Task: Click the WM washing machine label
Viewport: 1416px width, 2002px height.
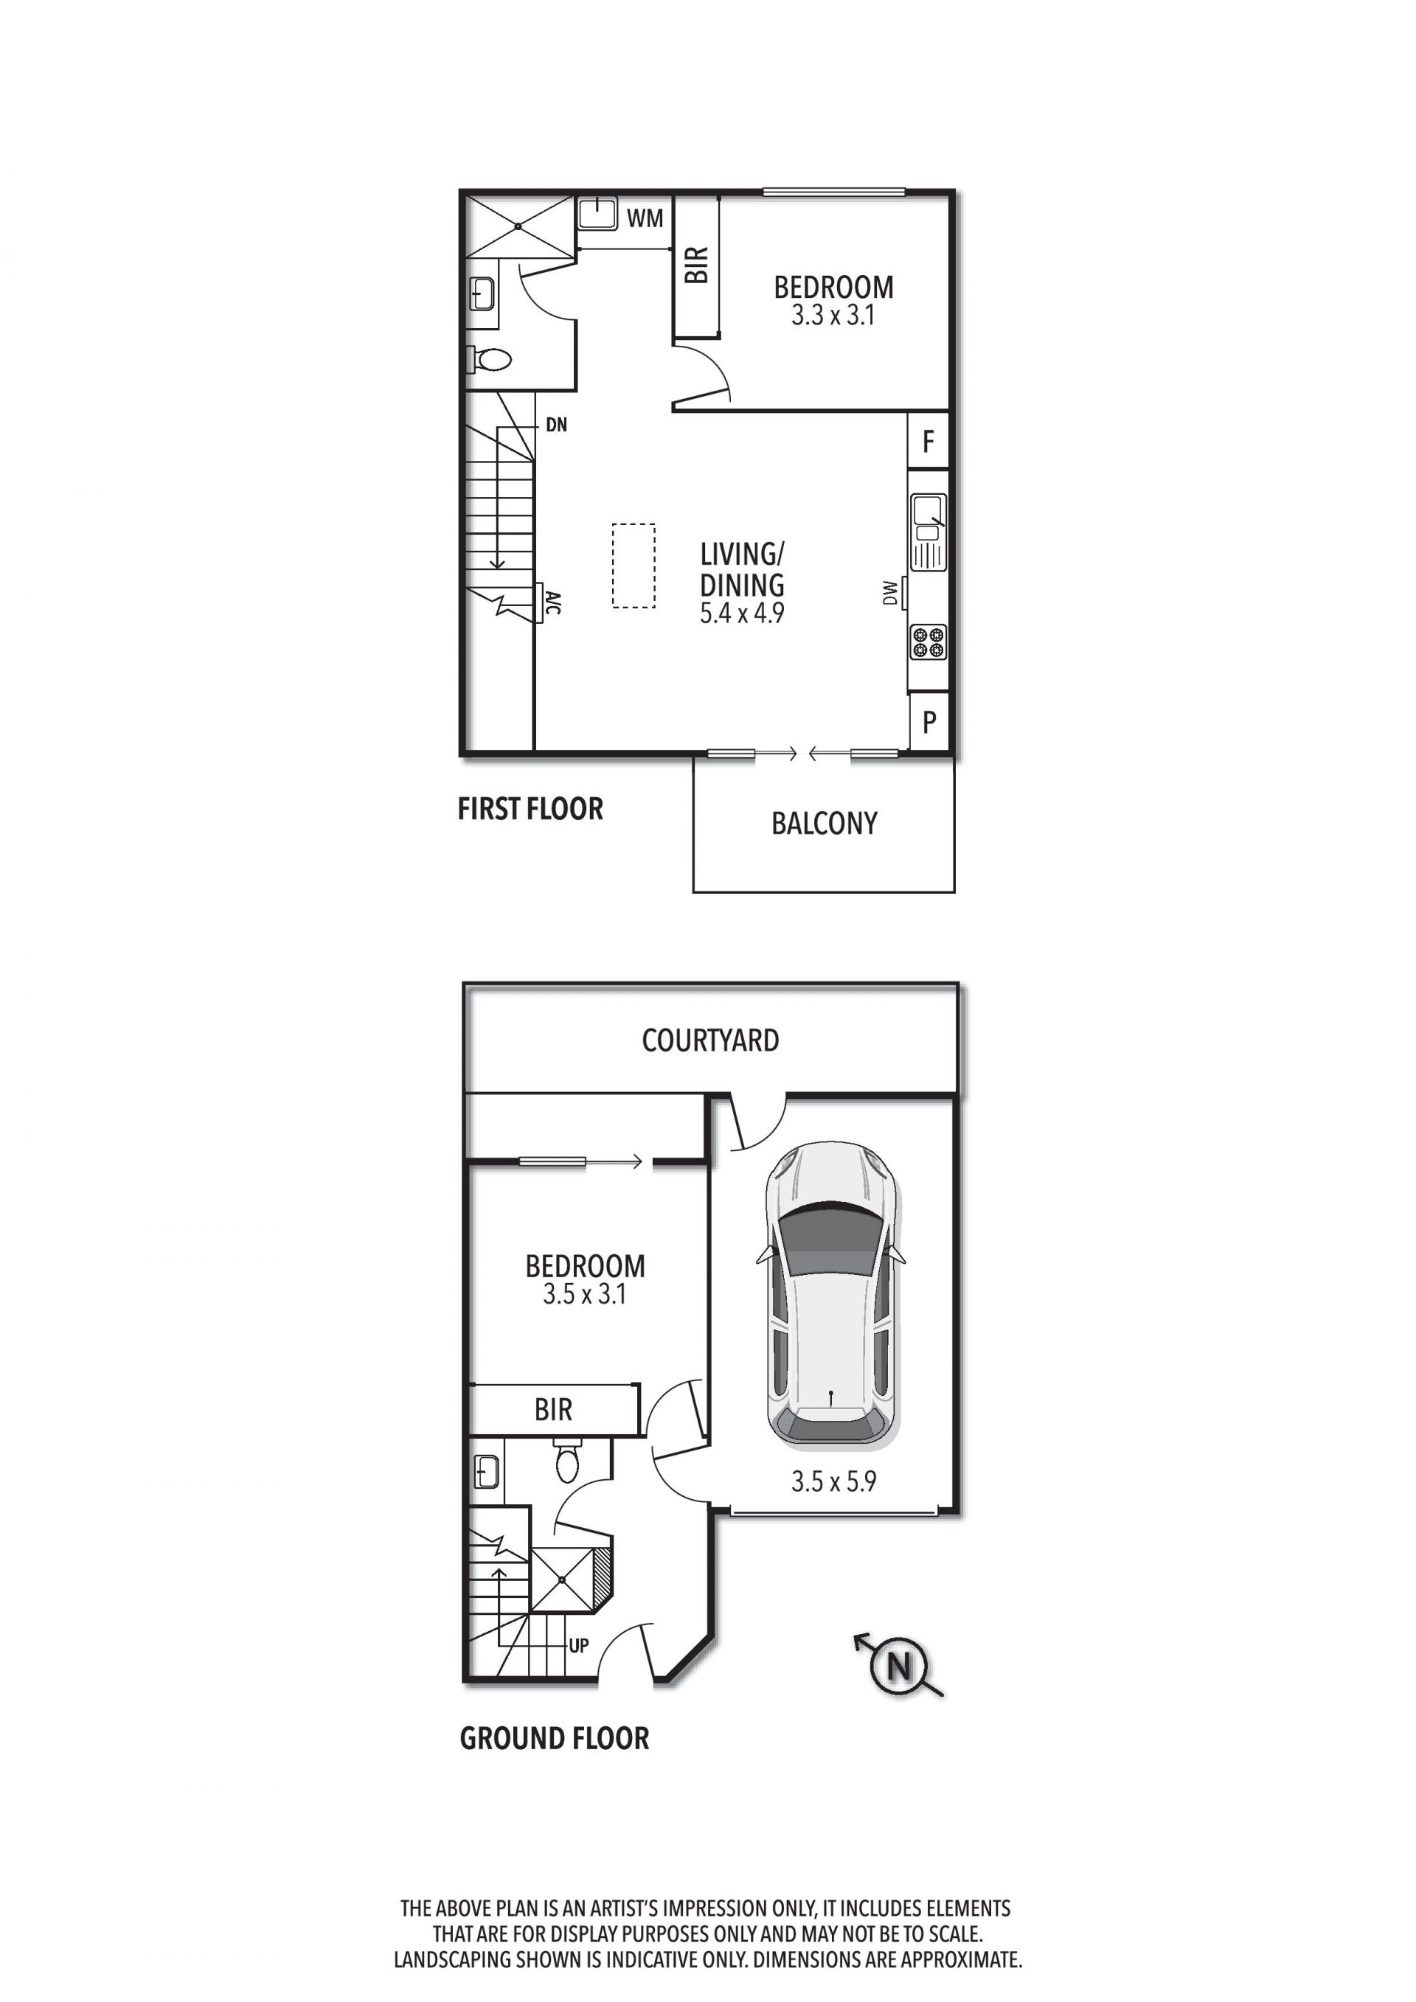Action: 645,218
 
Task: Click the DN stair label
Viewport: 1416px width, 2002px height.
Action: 556,425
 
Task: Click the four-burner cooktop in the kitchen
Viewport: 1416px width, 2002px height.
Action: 928,642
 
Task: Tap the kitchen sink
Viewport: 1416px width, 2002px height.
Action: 929,531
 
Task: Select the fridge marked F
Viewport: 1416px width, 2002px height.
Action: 929,441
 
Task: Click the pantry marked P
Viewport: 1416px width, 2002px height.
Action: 929,721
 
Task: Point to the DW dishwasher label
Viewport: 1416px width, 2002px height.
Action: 889,593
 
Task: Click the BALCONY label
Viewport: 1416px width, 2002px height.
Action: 824,823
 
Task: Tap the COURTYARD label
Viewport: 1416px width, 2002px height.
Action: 711,1040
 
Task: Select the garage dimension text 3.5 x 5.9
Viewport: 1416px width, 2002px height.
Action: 833,1481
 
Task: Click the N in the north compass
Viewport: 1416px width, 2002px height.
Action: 899,1667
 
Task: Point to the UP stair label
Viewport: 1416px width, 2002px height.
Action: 579,1645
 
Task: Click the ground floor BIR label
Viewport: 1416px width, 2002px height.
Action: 554,1409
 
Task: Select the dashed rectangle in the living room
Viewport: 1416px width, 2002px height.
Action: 634,565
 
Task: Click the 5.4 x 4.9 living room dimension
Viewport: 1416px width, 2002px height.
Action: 742,613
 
